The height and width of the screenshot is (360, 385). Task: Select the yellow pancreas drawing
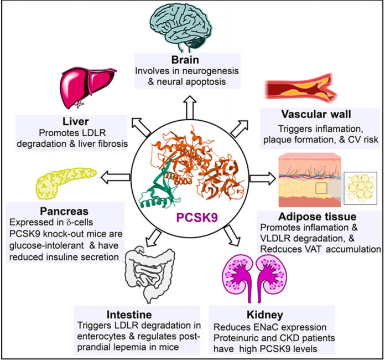[x=61, y=182]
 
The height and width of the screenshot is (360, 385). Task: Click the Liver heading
[x=77, y=121]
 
